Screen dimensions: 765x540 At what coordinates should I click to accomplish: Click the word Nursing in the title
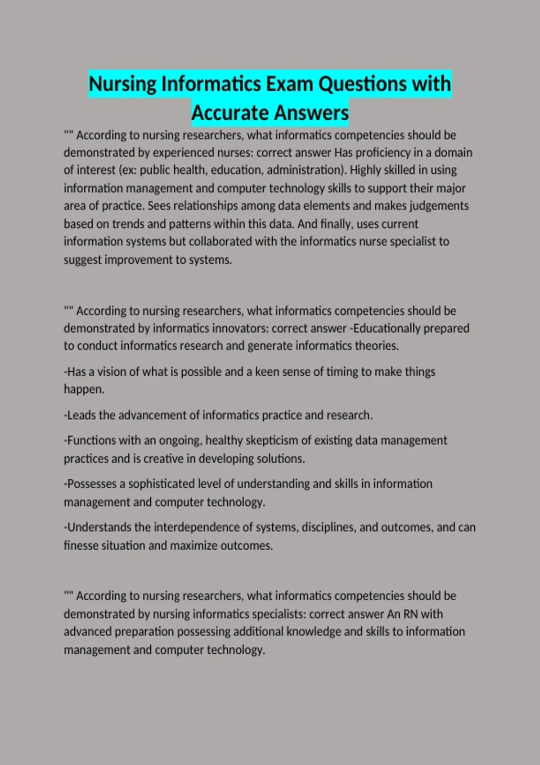[122, 84]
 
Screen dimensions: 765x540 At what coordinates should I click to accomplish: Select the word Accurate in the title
[229, 113]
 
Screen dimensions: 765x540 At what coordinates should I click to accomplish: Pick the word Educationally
[388, 328]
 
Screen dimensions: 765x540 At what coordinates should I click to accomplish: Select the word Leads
[81, 415]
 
